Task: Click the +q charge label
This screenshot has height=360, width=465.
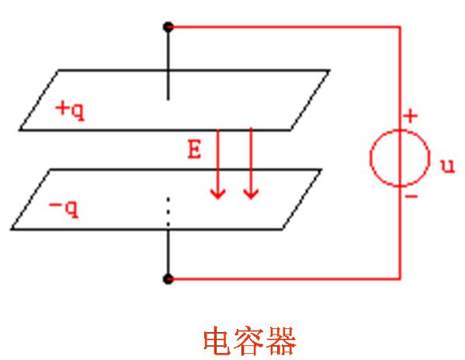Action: (x=70, y=110)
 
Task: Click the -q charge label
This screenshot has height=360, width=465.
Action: (x=64, y=208)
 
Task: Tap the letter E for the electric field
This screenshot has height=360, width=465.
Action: (x=194, y=149)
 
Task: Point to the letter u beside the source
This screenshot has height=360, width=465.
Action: (x=447, y=166)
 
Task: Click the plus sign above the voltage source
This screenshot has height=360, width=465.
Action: (x=411, y=116)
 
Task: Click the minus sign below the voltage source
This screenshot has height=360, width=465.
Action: (x=411, y=196)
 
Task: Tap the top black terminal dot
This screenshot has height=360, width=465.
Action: (x=168, y=27)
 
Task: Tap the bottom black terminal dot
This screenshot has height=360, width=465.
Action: (x=168, y=279)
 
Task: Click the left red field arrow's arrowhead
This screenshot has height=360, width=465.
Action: (x=218, y=194)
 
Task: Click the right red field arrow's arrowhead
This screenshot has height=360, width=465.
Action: (x=251, y=194)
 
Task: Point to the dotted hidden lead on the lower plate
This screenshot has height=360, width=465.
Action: (x=168, y=212)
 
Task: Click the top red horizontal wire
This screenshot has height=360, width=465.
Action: (x=285, y=27)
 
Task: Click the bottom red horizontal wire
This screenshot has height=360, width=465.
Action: (x=285, y=279)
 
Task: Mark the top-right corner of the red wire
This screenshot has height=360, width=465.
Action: (x=400, y=27)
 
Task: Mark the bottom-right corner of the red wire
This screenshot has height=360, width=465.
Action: (x=400, y=279)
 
